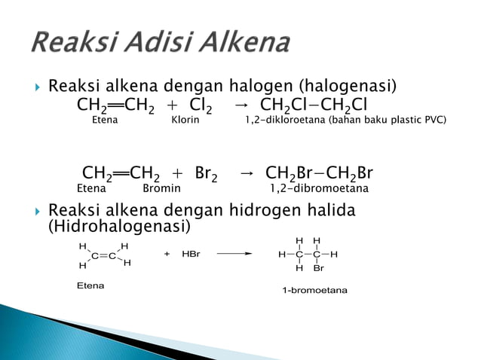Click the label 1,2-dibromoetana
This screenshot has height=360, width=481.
[320, 188]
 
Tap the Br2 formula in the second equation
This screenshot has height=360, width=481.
[206, 174]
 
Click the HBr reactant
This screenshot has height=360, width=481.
[191, 255]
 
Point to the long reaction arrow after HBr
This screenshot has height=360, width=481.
[234, 254]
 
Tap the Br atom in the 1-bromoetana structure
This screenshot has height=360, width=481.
[318, 268]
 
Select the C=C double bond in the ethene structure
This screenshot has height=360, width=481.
[104, 256]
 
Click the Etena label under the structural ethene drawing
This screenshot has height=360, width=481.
[90, 286]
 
